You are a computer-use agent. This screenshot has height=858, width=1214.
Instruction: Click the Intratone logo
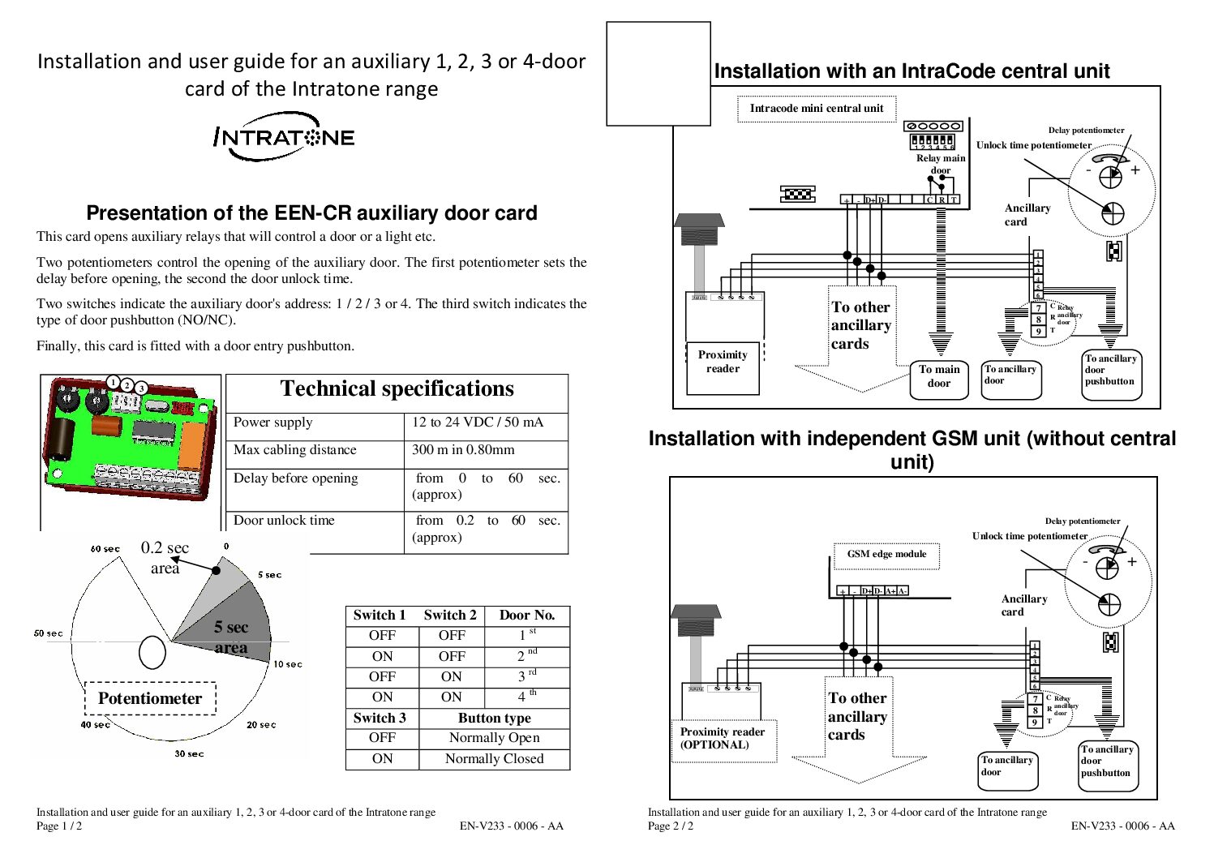284,137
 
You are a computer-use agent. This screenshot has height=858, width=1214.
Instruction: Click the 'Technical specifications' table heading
397,389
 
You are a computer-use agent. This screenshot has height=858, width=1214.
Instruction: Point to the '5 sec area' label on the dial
231,637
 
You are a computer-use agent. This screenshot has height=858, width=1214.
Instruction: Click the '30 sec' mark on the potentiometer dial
189,754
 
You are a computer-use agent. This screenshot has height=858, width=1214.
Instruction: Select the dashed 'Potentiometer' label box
150,698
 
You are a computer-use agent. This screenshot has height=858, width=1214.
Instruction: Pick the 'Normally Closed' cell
494,759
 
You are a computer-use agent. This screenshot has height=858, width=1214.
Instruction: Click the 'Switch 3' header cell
380,719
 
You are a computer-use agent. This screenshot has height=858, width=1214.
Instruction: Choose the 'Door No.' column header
526,616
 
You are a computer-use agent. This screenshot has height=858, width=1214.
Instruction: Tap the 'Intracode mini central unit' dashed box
816,109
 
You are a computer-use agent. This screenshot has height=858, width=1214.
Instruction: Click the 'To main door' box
939,377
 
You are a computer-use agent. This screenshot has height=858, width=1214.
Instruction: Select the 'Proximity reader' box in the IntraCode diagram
723,363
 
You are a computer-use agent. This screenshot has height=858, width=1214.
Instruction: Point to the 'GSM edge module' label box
886,555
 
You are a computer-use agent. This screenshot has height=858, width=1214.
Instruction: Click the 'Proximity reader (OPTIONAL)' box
723,739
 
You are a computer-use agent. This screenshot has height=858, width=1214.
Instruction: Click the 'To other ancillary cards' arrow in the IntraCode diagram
860,332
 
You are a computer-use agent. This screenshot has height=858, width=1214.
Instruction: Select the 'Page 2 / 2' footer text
671,826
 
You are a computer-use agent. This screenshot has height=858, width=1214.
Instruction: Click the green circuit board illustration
130,438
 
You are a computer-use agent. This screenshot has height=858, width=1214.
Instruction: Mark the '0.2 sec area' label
165,558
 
